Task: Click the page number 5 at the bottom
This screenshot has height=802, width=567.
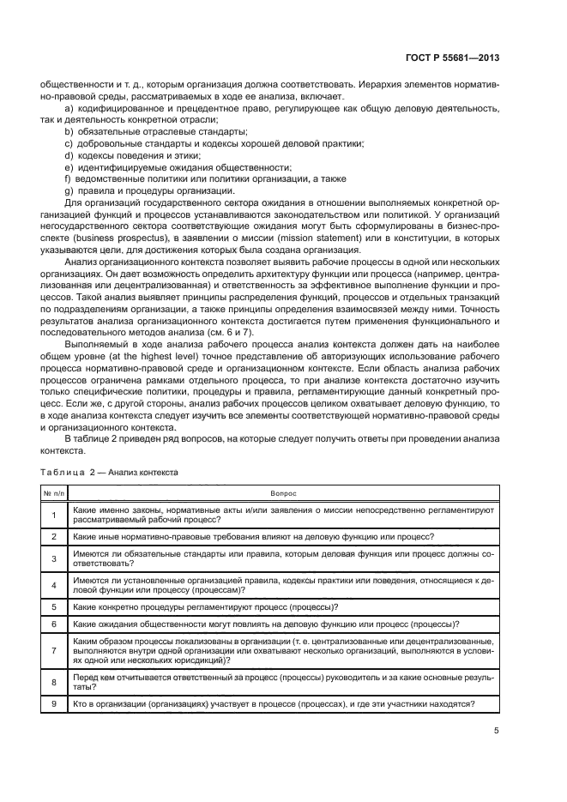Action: pos(496,732)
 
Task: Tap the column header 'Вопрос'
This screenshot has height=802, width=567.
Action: pos(283,494)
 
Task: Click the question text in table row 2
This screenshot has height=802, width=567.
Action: pos(253,536)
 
